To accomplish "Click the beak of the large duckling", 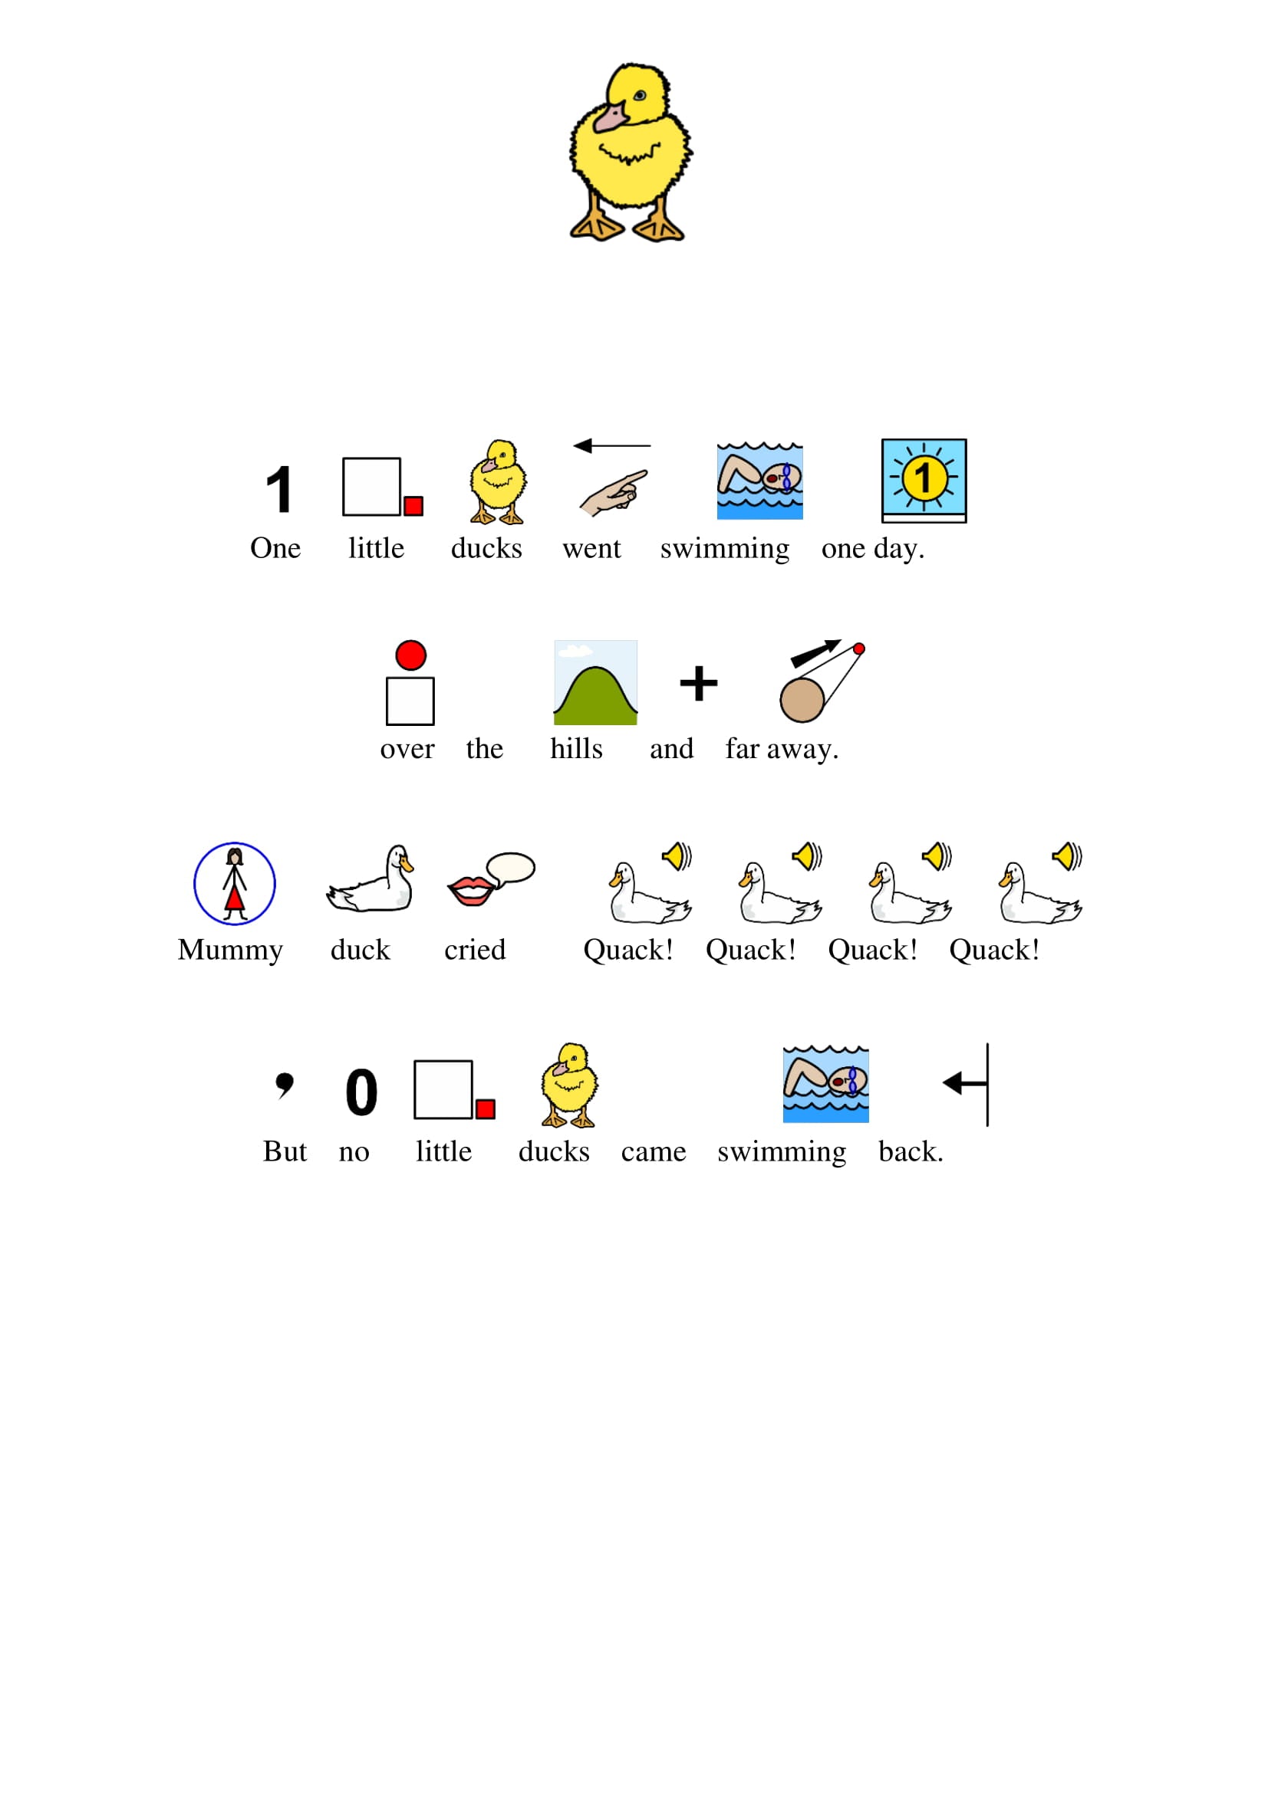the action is click(x=610, y=117).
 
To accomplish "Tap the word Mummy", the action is click(x=230, y=951).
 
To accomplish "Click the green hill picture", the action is click(x=595, y=682).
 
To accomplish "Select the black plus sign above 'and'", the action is click(x=699, y=683).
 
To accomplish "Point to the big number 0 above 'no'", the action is click(x=362, y=1092).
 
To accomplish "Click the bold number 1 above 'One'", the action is click(x=279, y=490).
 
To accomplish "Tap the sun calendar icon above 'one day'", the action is click(x=924, y=481).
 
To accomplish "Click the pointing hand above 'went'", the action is click(x=614, y=493).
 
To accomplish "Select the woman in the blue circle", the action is click(x=235, y=884).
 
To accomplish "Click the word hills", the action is click(x=577, y=749).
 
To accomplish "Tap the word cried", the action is click(x=475, y=950).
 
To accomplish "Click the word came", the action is click(x=654, y=1152).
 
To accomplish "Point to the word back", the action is click(x=911, y=1151).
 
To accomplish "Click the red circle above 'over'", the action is click(x=411, y=655).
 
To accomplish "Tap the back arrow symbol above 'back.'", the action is click(x=967, y=1084).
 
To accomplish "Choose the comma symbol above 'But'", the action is click(x=285, y=1085).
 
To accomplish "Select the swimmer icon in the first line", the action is click(x=760, y=481).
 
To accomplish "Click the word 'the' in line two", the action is click(x=484, y=749).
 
